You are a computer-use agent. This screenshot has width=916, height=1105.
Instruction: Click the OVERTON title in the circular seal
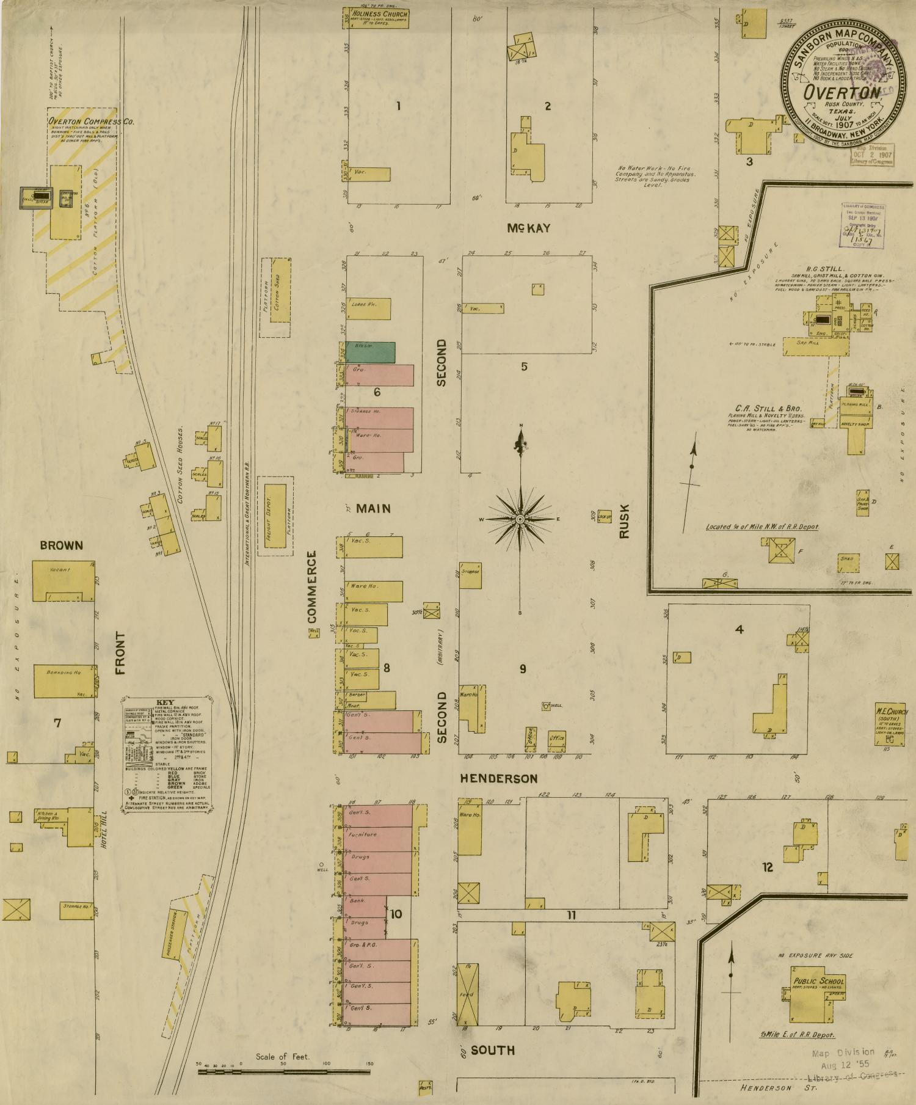(x=842, y=93)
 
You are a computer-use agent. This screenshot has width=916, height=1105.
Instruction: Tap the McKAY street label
(x=528, y=228)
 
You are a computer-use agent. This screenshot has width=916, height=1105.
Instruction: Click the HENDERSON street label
(x=498, y=779)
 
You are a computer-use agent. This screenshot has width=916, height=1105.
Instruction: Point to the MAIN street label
(x=373, y=508)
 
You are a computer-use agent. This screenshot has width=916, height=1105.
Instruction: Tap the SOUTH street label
(x=492, y=1051)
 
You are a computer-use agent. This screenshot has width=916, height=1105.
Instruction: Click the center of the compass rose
(x=520, y=519)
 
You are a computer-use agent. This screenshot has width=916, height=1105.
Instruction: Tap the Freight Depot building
(x=275, y=516)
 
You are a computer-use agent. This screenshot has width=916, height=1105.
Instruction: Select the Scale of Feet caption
(x=283, y=1057)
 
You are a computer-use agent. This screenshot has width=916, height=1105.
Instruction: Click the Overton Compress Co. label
(x=92, y=122)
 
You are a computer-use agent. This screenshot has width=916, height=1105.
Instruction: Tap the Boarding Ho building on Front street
(x=65, y=680)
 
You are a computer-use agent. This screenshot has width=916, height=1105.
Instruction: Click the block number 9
(x=523, y=669)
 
